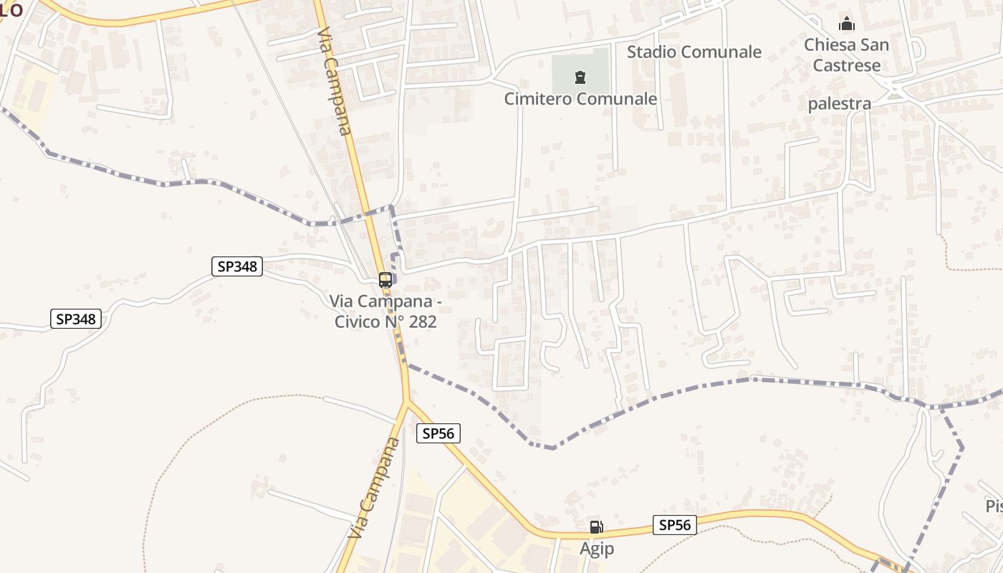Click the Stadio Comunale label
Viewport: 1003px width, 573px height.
(x=694, y=52)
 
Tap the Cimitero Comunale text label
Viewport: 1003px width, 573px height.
(x=580, y=99)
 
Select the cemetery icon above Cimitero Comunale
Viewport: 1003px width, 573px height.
(x=580, y=77)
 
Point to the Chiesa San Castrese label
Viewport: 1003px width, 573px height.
(x=846, y=55)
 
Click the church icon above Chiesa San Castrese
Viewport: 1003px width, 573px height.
(x=847, y=24)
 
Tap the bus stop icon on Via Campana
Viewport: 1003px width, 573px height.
(x=385, y=280)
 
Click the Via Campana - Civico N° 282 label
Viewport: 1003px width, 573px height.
(x=385, y=312)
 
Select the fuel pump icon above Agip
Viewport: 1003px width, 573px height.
(x=596, y=527)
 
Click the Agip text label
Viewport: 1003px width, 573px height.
(x=597, y=549)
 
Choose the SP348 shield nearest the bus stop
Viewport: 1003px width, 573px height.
(x=238, y=266)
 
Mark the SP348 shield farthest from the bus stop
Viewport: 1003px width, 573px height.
(x=76, y=319)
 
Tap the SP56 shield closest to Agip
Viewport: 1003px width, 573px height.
(x=675, y=525)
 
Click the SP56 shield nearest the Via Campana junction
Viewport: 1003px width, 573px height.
(x=438, y=433)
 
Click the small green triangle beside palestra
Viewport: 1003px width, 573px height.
(x=894, y=95)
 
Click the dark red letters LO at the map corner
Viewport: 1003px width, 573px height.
(x=11, y=9)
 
